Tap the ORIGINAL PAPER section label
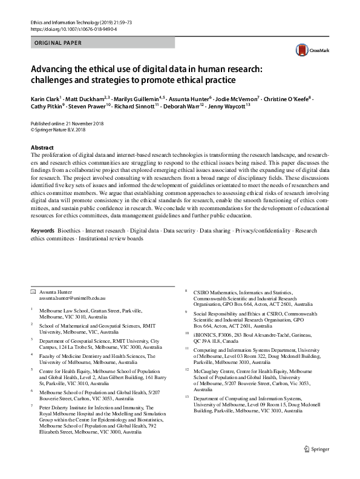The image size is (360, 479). tap(59, 44)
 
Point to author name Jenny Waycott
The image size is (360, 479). tap(226, 106)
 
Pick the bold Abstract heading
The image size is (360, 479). tap(42, 148)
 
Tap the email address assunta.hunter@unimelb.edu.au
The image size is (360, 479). tap(72, 299)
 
